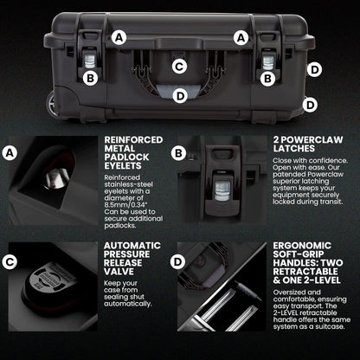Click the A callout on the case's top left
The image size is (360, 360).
[119, 37]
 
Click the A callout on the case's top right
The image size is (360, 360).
[241, 37]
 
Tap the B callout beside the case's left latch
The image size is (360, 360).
[89, 78]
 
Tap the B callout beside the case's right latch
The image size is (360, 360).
[268, 78]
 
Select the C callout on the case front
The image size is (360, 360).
[179, 65]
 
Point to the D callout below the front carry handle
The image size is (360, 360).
[179, 96]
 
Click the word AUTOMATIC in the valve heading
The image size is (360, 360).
[132, 246]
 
